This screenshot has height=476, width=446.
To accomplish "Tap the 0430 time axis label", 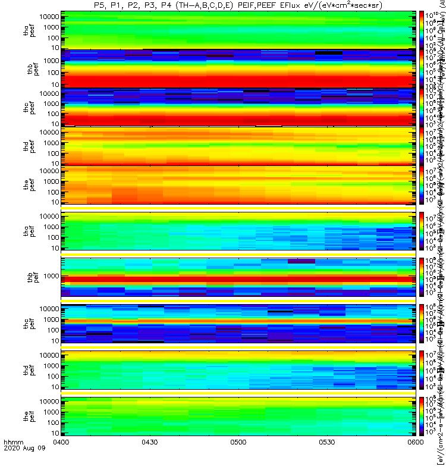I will pyautogui.click(x=149, y=459).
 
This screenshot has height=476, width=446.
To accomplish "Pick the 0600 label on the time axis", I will pyautogui.click(x=415, y=459).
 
